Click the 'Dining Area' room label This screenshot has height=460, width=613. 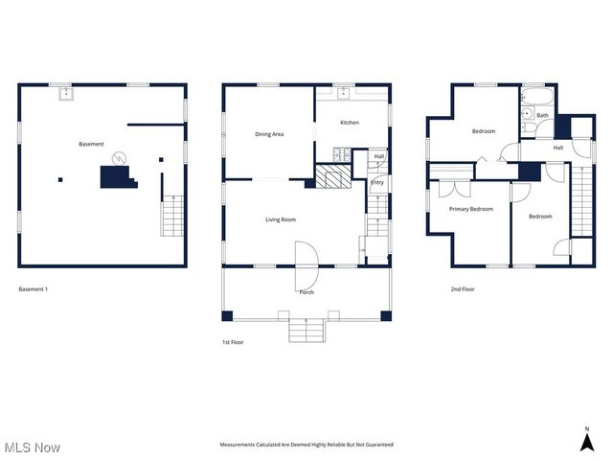[269, 134]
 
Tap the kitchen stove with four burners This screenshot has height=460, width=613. [340, 153]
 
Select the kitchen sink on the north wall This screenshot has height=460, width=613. [345, 93]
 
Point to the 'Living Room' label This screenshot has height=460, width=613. [281, 219]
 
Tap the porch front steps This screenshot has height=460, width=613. [307, 331]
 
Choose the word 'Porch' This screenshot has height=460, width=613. [306, 292]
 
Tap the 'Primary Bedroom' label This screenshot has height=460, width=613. [471, 208]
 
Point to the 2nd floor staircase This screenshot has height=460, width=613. [582, 201]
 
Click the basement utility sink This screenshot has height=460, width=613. [64, 93]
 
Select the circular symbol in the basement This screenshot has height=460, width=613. [119, 158]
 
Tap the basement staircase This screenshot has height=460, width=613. [170, 216]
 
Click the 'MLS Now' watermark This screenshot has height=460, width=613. [33, 448]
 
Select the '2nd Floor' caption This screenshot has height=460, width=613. [463, 288]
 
